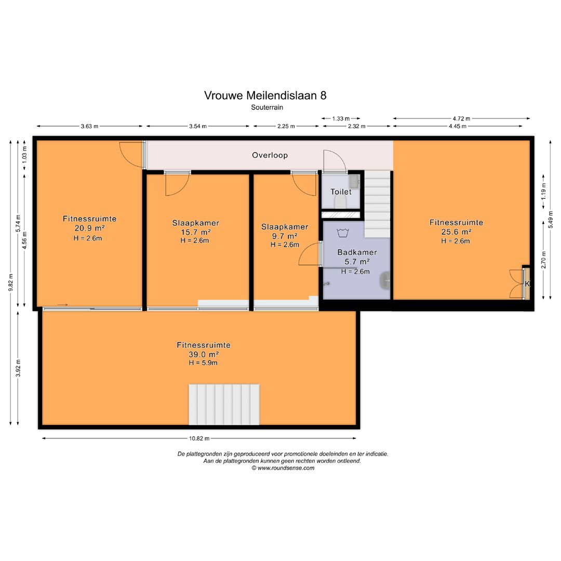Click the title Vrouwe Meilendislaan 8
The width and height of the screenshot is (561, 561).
[x=265, y=95]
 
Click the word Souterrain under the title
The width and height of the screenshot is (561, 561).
[x=266, y=107]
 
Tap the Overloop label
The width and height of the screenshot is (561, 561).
[x=270, y=155]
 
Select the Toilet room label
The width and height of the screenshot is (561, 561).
[x=341, y=192]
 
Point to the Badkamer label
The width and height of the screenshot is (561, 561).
[x=357, y=252]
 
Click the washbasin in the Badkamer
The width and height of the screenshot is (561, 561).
[x=385, y=280]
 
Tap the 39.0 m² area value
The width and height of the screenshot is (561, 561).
[x=203, y=354]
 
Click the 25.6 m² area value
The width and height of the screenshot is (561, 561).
[x=456, y=232]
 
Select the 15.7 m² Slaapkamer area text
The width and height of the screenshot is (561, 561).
[x=195, y=232]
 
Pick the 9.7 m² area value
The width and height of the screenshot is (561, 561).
[x=285, y=236]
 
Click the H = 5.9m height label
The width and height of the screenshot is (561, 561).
[x=203, y=363]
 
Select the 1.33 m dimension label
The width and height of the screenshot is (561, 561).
[x=341, y=118]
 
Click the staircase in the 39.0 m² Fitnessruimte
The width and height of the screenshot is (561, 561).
[x=223, y=404]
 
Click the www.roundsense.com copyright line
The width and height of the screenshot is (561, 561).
[x=283, y=468]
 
